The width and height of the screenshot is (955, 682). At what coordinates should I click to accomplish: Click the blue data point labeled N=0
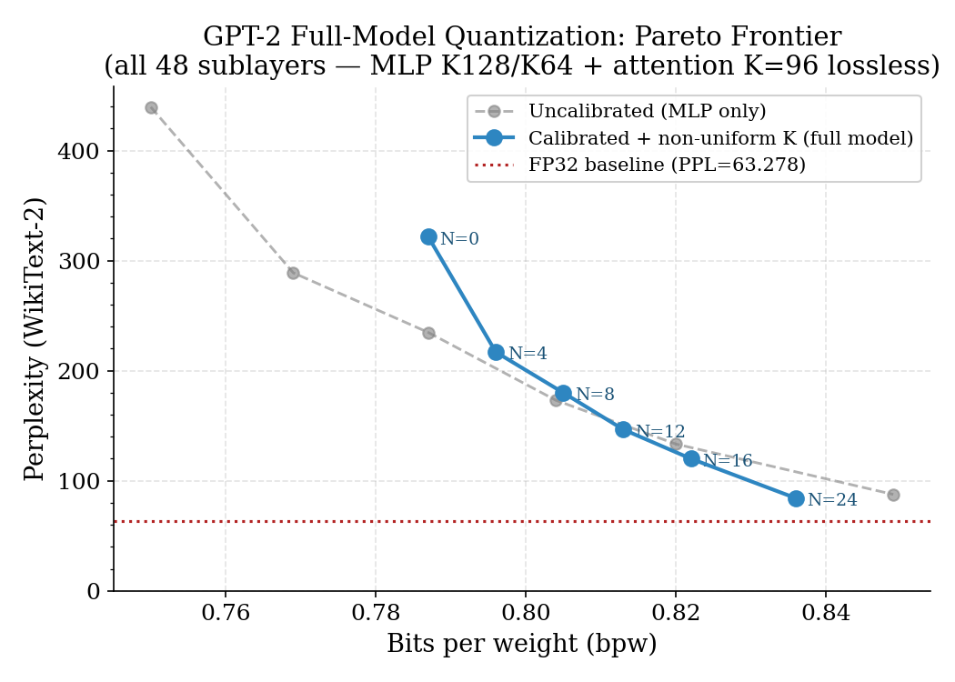tap(428, 236)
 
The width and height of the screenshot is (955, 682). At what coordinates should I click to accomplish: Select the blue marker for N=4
tap(496, 352)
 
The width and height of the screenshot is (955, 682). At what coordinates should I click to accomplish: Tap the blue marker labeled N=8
tap(563, 393)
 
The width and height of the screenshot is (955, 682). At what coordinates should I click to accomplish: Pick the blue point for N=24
tap(796, 498)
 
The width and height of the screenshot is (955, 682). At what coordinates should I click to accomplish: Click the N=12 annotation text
tap(660, 432)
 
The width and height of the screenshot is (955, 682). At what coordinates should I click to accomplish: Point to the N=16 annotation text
tap(728, 461)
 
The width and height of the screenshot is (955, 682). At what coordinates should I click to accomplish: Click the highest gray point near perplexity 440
tap(151, 107)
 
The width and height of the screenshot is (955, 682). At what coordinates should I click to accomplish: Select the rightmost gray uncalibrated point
tap(893, 495)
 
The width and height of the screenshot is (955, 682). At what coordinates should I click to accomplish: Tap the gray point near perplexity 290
tap(293, 273)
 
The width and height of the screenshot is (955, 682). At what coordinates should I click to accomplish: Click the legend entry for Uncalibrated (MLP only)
tap(647, 112)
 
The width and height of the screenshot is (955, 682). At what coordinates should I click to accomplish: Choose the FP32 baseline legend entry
tap(667, 165)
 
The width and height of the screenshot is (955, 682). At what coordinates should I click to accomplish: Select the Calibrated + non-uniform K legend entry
tap(720, 138)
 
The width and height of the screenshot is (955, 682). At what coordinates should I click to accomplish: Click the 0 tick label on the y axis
tap(94, 592)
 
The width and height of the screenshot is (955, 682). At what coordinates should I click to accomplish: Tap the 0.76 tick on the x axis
tap(226, 614)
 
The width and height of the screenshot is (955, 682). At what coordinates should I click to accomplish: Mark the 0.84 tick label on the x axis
tap(825, 614)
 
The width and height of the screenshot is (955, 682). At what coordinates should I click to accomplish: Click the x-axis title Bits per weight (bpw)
tap(521, 644)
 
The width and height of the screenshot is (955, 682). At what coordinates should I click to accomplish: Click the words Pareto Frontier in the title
tap(738, 37)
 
